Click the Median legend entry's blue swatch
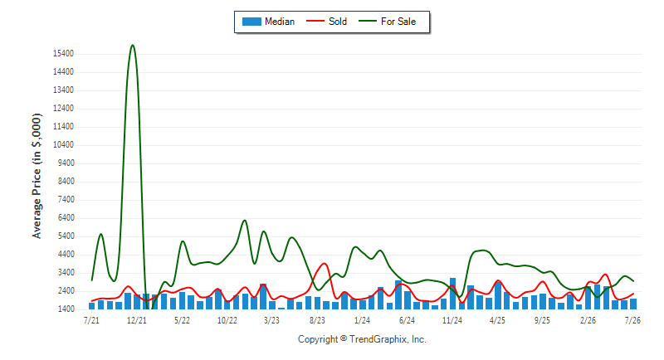pos(251,22)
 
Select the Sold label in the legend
pos(338,22)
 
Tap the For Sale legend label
pos(398,22)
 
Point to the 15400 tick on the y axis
pos(63,54)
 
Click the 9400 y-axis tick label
pos(65,163)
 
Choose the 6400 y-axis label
pos(65,218)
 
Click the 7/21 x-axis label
pos(91,320)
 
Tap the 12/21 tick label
pos(137,320)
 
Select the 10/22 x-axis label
pos(227,320)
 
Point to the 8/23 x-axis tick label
pos(317,320)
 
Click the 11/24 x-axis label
pos(452,320)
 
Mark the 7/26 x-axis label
pos(632,320)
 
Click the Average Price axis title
pos(37,176)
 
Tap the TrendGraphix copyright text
pos(362,339)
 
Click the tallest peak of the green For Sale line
pos(133,46)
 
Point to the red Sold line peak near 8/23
pos(325,264)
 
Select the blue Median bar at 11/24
pos(452,294)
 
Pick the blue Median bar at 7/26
pos(633,304)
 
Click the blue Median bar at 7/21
pos(91,306)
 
